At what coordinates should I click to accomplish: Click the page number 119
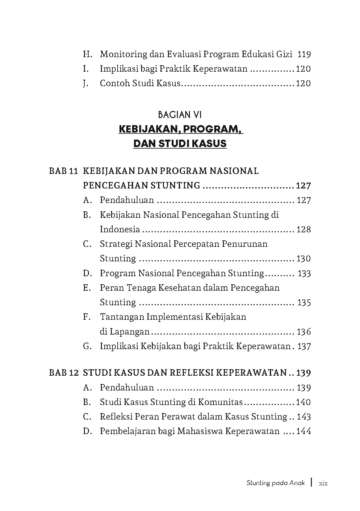pyautogui.click(x=304, y=54)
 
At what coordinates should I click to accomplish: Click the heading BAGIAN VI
pyautogui.click(x=180, y=115)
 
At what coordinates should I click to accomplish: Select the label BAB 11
pyautogui.click(x=63, y=171)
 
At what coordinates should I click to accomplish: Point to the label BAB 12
pyautogui.click(x=63, y=373)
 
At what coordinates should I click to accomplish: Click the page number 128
pyautogui.click(x=303, y=230)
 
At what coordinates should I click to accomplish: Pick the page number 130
pyautogui.click(x=303, y=259)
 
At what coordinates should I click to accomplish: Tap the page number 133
pyautogui.click(x=304, y=273)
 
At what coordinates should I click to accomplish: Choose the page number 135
pyautogui.click(x=304, y=302)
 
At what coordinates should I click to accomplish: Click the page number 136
pyautogui.click(x=304, y=332)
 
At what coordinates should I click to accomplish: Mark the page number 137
pyautogui.click(x=304, y=346)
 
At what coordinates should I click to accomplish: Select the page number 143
pyautogui.click(x=304, y=417)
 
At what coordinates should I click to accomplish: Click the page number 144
pyautogui.click(x=303, y=431)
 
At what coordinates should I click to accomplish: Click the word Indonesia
pyautogui.click(x=120, y=230)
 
